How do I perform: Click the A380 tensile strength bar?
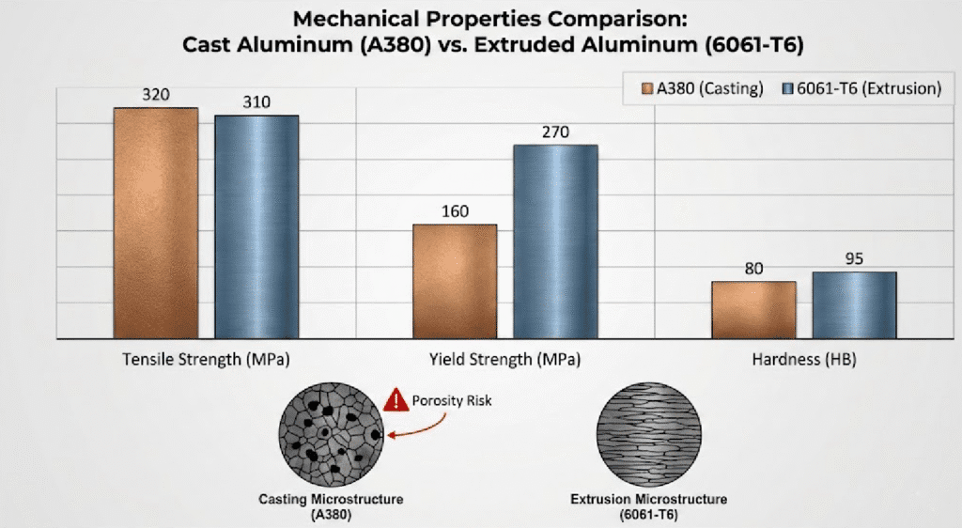(156, 224)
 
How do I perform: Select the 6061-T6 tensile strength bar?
(256, 227)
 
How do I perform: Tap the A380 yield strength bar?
(455, 281)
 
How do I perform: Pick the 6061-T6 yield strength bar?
(555, 241)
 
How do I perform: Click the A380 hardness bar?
(754, 309)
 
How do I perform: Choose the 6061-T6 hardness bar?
(854, 304)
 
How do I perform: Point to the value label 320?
(156, 96)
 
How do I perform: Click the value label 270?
(555, 132)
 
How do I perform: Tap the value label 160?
(455, 211)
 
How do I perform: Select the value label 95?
(854, 259)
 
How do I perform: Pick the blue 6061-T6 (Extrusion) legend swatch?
(787, 89)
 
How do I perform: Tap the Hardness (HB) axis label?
(803, 360)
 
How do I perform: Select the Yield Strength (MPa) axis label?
(504, 360)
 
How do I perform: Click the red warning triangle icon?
(395, 402)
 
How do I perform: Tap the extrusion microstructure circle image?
(648, 438)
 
